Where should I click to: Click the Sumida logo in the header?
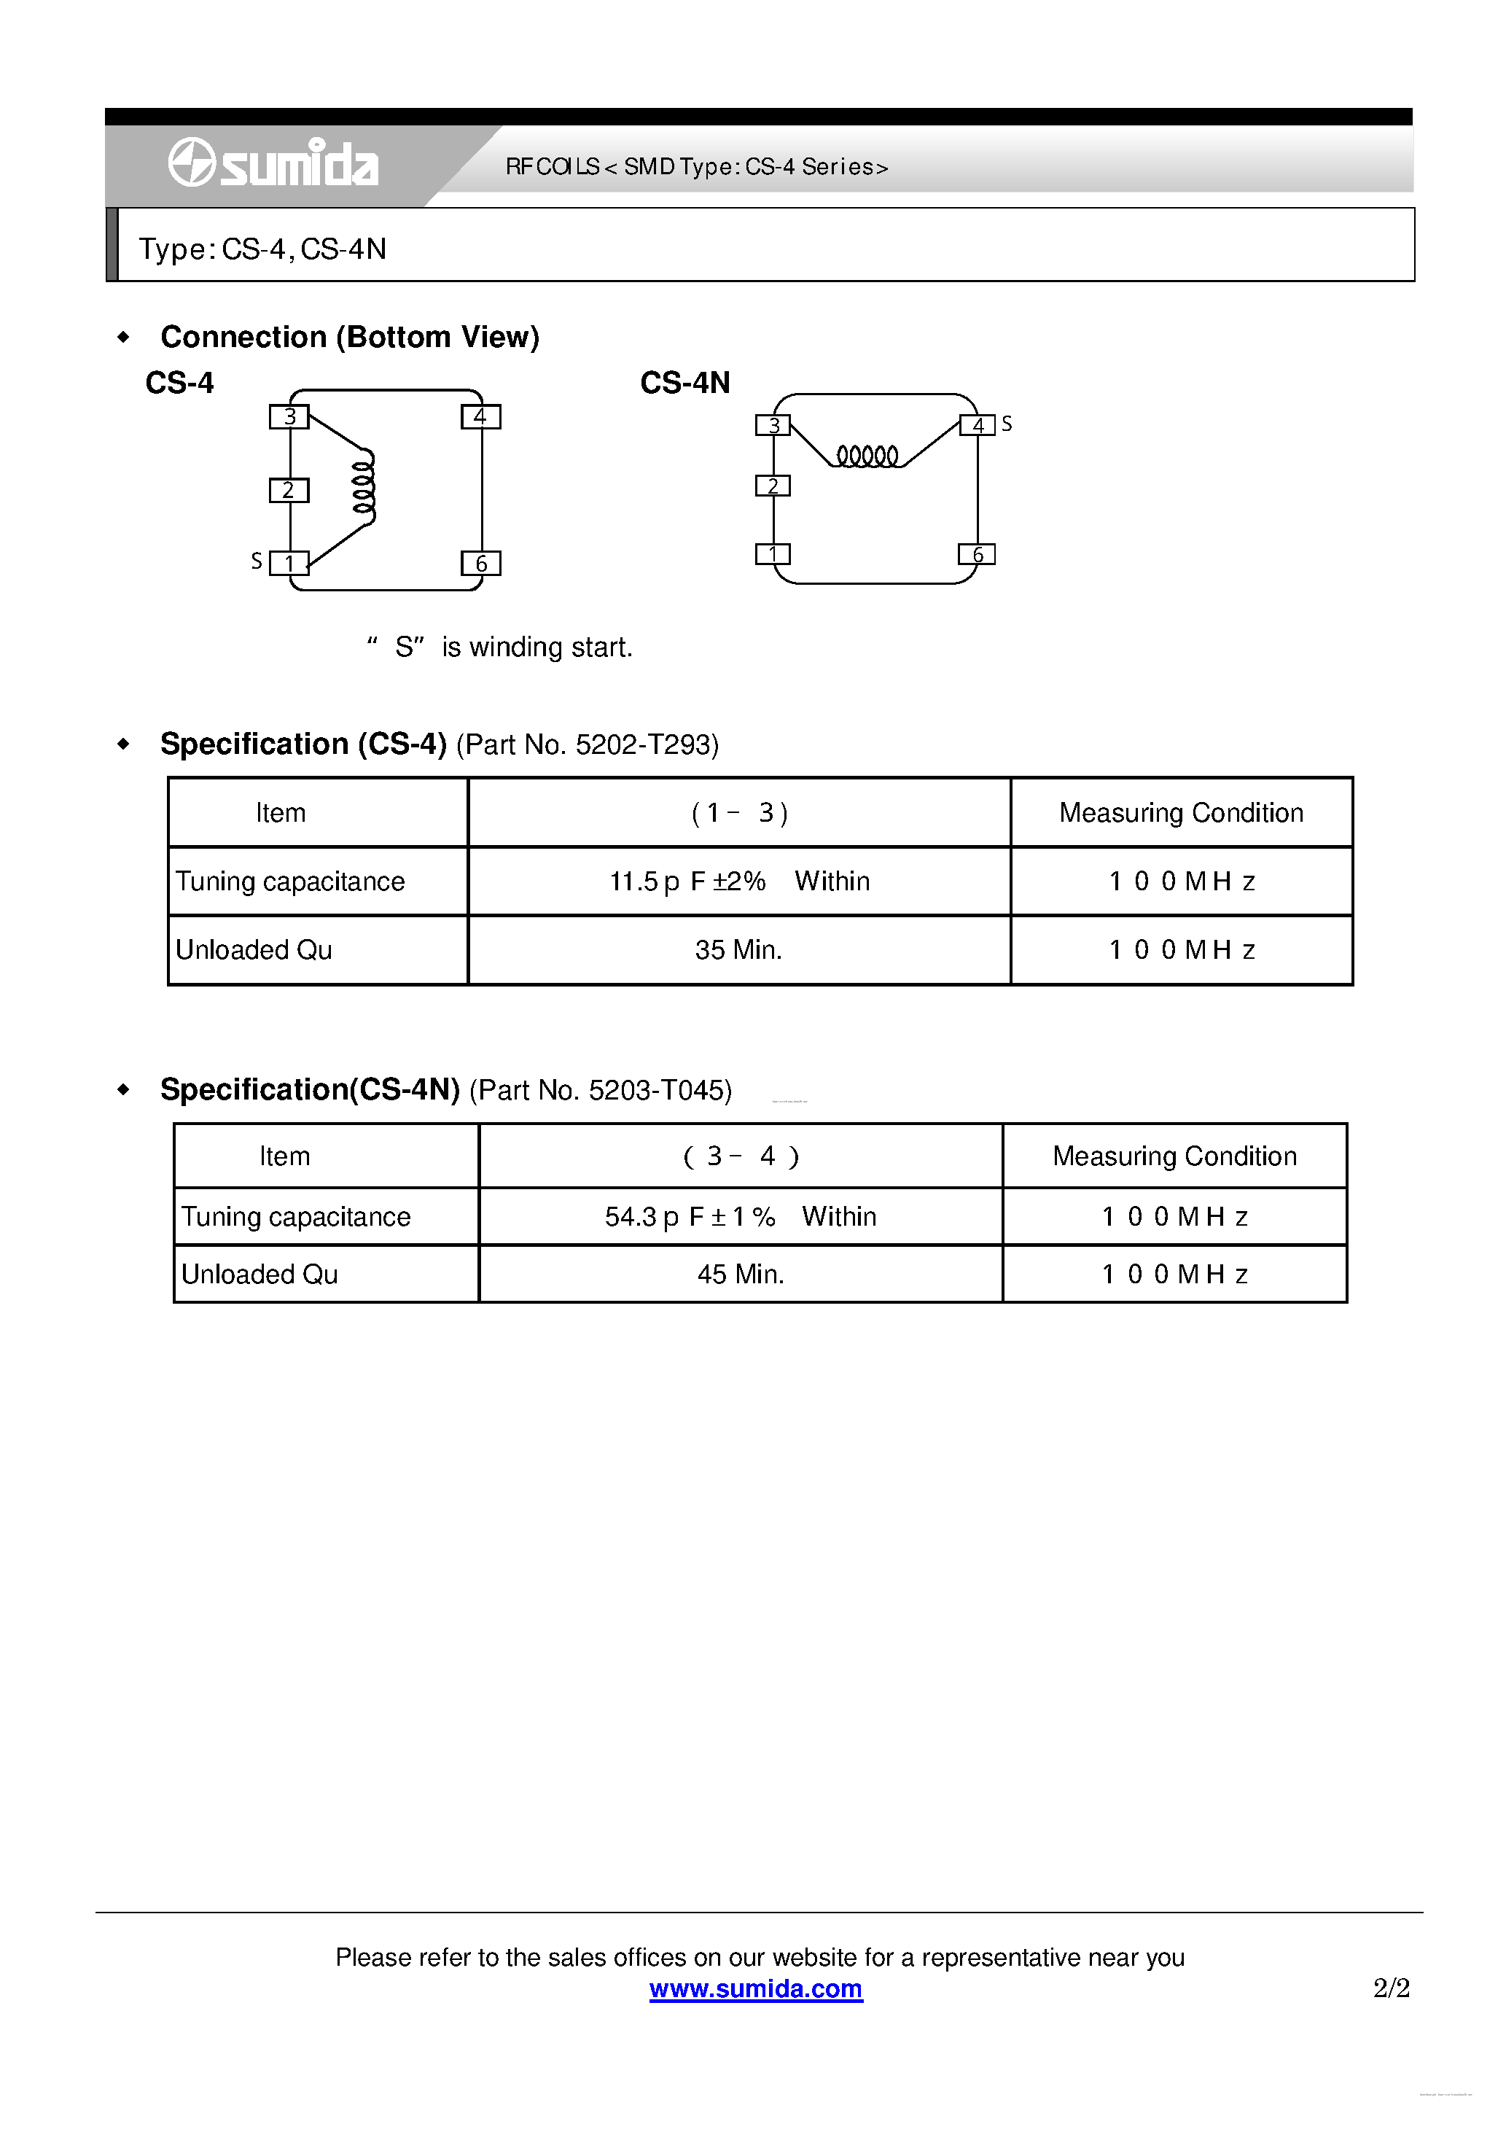273,163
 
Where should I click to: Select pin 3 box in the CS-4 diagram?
289,417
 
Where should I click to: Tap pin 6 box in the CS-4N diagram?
977,554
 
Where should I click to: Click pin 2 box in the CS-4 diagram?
289,490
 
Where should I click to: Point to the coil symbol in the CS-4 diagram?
364,488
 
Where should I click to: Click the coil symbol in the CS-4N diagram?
867,456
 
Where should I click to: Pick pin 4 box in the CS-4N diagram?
977,425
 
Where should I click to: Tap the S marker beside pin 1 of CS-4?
257,561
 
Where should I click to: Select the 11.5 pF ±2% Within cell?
739,882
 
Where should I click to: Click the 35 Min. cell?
739,950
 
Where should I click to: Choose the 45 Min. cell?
741,1274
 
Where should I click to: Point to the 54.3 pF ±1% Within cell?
741,1216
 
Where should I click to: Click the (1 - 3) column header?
739,812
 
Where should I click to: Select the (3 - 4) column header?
741,1156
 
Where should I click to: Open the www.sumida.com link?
756,1988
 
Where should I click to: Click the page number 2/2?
1391,1988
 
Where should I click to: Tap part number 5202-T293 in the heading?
647,744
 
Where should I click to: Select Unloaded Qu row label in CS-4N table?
260,1274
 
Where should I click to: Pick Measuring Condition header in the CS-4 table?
1181,812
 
